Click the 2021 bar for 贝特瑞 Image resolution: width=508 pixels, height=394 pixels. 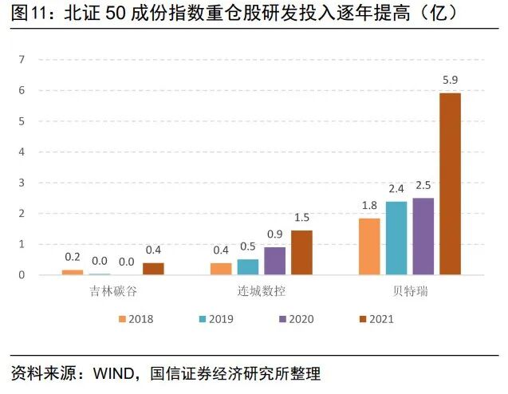(450, 184)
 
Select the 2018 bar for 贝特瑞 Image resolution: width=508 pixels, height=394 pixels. (369, 246)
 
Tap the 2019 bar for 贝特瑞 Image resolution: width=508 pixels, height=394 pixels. (396, 238)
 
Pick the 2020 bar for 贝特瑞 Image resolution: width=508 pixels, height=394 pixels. (423, 236)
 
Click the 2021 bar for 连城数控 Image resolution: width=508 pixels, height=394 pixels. (301, 253)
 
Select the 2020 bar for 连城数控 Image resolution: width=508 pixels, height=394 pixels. (274, 261)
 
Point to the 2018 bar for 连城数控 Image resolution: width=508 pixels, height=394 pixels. (221, 269)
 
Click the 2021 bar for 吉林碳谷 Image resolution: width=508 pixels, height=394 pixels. (153, 269)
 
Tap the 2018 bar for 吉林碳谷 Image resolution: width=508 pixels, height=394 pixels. (73, 272)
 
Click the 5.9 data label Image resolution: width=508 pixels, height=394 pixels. (451, 79)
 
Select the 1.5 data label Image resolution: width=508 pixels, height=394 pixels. (301, 217)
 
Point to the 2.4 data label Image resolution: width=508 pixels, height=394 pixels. (396, 188)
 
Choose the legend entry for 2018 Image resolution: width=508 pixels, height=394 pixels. (136, 319)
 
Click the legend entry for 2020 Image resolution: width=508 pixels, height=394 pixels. (296, 319)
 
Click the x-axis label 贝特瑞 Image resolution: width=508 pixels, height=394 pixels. (410, 291)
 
